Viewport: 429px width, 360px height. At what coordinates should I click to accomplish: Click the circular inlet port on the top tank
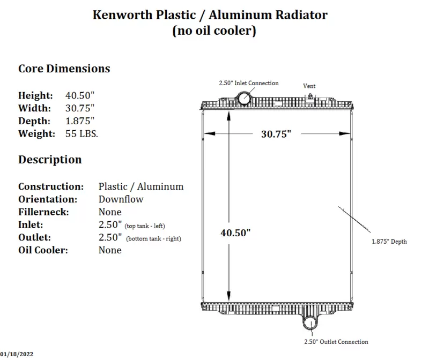click(x=243, y=98)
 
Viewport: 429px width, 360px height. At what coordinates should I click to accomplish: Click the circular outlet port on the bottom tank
click(x=310, y=324)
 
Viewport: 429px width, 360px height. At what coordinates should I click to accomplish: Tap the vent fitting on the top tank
click(x=310, y=96)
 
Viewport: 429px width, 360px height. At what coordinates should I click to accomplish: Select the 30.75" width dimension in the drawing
click(x=276, y=134)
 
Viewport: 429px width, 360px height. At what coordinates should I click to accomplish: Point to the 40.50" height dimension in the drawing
click(x=235, y=233)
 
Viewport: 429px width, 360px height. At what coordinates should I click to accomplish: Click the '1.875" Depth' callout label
click(x=389, y=242)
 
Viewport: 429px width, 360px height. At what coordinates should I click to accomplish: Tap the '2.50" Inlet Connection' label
click(x=249, y=83)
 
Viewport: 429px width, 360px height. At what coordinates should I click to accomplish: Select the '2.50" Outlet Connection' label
click(x=336, y=342)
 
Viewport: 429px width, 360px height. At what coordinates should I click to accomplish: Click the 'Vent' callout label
click(x=309, y=86)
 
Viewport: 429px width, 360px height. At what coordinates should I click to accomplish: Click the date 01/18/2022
click(x=17, y=354)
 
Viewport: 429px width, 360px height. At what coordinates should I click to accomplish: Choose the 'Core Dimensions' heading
click(x=64, y=69)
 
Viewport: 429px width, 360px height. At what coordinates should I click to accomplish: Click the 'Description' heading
click(x=50, y=160)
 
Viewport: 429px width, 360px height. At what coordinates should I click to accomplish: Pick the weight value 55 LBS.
click(x=82, y=134)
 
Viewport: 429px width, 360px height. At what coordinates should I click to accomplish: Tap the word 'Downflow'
click(x=121, y=199)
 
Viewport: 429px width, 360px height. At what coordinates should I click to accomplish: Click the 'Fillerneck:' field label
click(x=43, y=212)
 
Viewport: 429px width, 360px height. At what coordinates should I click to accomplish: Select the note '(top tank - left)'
click(x=145, y=226)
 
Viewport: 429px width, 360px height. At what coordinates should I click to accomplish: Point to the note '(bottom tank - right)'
click(x=153, y=238)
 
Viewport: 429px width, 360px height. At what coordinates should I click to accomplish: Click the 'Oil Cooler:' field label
click(x=43, y=250)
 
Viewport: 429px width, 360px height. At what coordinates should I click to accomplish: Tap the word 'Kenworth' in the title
click(x=122, y=15)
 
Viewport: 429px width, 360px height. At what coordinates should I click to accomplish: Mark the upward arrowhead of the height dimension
click(x=229, y=117)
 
